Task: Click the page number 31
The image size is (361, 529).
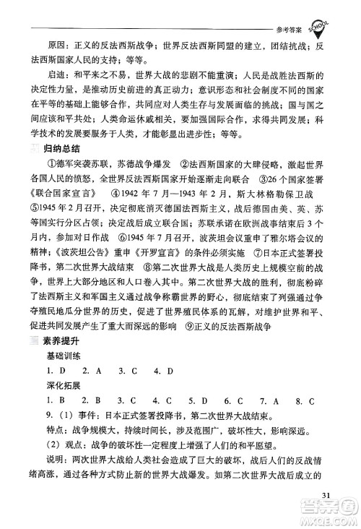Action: [326, 494]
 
